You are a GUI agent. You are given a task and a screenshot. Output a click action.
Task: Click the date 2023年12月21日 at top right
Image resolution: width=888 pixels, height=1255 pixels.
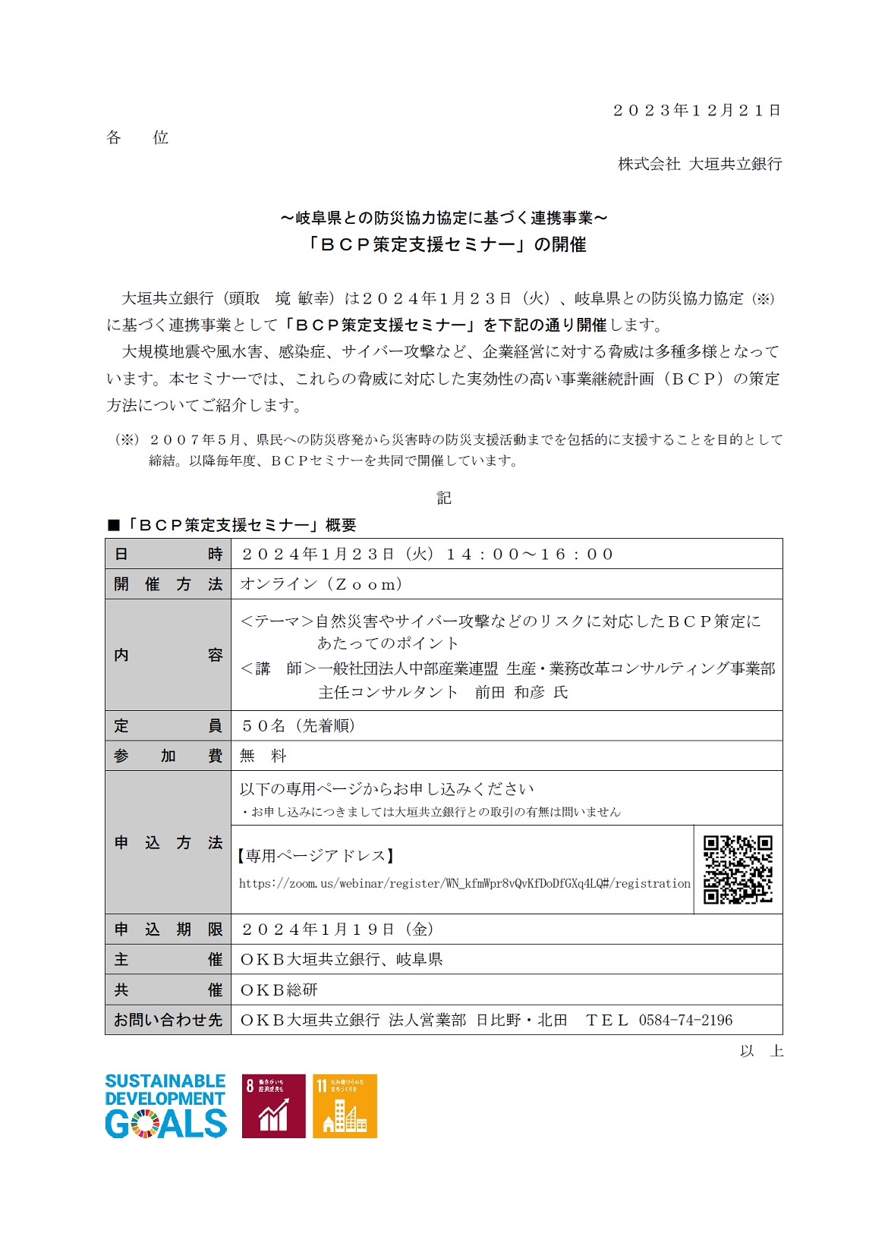pos(697,111)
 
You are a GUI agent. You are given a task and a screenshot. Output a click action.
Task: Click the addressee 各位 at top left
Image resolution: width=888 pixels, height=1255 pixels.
pos(137,137)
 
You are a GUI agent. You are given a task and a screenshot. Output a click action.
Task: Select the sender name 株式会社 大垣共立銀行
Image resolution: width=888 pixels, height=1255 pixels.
pos(699,164)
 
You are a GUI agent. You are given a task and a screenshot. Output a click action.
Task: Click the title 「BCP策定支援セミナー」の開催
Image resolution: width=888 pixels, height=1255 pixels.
pos(444,244)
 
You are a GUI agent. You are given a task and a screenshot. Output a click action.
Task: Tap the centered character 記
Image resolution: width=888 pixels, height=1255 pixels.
pos(444,498)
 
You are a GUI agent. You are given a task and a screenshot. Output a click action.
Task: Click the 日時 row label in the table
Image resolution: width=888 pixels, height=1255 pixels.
pos(168,554)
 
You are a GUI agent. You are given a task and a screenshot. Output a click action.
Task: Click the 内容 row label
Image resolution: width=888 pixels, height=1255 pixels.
pos(168,655)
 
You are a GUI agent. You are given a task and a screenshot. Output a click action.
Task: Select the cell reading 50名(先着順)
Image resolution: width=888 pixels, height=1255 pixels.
pos(298,725)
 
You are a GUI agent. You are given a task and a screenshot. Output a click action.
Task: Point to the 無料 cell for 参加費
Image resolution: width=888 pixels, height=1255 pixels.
pos(263,756)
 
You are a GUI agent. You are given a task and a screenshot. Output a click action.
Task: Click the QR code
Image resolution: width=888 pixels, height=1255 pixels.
pos(738,870)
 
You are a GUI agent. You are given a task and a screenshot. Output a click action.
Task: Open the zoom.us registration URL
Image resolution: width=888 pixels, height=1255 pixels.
pos(464,883)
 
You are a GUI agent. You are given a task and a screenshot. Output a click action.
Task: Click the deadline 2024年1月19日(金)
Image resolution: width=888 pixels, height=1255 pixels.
pos(338,929)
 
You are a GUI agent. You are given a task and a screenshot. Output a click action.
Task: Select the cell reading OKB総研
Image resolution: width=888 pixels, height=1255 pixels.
pos(279,990)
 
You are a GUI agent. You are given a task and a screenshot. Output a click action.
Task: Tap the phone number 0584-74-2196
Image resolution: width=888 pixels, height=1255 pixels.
pos(685,1021)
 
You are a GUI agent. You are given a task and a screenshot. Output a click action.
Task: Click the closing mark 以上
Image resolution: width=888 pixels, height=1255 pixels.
pos(761,1051)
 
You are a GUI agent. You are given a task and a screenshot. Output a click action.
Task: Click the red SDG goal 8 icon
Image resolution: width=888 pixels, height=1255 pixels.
pos(273,1106)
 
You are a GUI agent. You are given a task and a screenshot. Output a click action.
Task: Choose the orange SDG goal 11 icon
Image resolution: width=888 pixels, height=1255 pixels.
pos(345,1106)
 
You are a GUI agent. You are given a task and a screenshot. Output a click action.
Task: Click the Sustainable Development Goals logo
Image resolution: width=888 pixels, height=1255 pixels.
pos(165,1106)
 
